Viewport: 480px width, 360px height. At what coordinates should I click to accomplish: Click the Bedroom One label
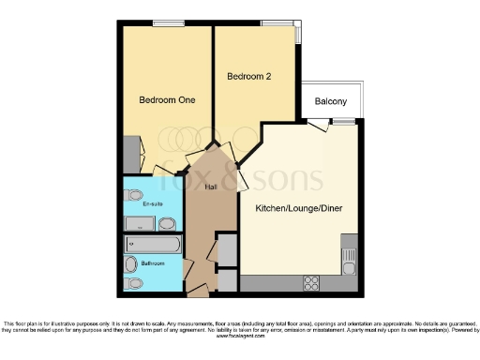tap(167, 101)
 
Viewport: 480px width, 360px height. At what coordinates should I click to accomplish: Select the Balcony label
tap(330, 101)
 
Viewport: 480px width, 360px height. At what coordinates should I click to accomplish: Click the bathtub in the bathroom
tap(152, 246)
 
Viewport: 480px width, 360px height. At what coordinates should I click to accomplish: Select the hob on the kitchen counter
tap(311, 281)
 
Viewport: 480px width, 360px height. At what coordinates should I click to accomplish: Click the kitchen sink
tap(348, 258)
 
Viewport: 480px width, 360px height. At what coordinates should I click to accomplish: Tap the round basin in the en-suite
tap(166, 223)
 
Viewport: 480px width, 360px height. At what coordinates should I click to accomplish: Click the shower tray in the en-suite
tap(139, 224)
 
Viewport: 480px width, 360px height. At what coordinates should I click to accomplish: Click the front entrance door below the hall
tap(199, 292)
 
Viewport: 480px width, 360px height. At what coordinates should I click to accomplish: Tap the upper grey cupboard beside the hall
tap(226, 250)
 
